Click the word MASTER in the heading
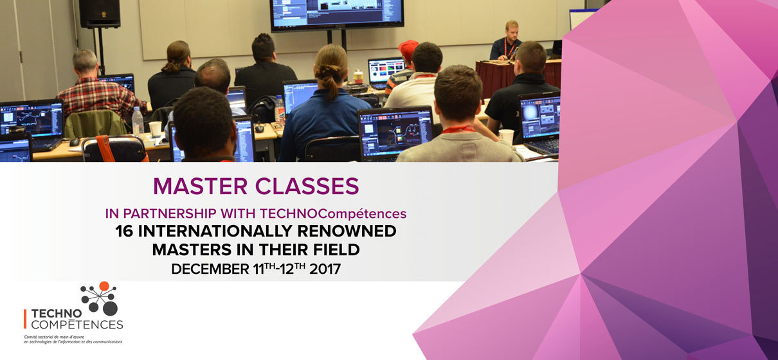click(200, 186)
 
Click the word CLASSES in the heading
click(307, 186)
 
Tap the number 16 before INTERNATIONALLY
click(124, 231)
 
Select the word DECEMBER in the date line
click(210, 269)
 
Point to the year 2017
click(325, 269)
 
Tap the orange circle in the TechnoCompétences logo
click(104, 286)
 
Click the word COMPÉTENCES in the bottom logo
click(77, 325)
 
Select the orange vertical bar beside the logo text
click(25, 319)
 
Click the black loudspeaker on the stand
click(100, 14)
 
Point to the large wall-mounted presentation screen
click(336, 14)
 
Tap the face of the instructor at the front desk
click(512, 32)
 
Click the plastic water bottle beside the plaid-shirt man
click(138, 122)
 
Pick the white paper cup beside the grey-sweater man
click(507, 136)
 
